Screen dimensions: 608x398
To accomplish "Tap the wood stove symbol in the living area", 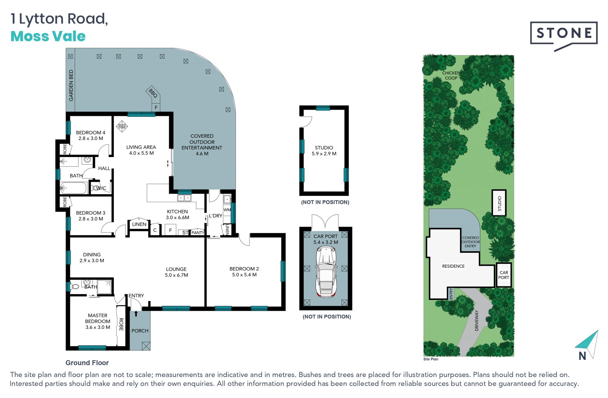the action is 122,126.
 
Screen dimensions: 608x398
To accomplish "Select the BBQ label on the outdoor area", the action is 153,93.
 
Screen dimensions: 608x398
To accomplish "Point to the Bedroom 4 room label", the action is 91,133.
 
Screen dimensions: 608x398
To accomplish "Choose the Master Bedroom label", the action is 98,318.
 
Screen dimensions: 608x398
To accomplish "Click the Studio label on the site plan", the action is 499,204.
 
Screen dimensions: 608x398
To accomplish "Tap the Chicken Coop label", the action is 451,75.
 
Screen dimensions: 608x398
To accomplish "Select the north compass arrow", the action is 587,344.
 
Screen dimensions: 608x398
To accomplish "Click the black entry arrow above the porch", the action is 136,314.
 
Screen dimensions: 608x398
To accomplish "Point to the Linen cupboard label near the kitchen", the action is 139,224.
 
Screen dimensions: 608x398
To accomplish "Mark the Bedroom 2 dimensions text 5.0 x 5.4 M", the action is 244,275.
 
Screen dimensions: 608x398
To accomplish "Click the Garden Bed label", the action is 71,85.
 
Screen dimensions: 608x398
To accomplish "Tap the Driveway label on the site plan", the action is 477,321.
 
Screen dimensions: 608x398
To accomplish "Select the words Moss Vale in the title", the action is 48,36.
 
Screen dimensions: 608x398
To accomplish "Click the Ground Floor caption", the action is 87,363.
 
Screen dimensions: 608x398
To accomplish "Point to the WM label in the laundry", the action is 227,210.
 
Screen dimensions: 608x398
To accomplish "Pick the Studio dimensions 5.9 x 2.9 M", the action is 324,153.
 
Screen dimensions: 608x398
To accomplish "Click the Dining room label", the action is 92,255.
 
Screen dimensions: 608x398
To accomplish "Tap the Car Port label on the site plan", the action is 503,275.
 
